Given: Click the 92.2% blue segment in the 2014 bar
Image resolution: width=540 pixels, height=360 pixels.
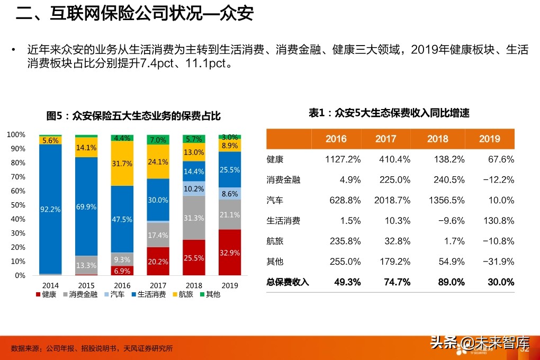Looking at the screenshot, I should [x=50, y=209].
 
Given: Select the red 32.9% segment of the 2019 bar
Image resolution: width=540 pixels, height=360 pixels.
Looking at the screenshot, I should [x=230, y=253].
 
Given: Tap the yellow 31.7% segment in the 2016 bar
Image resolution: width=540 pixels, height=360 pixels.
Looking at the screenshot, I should [x=122, y=164].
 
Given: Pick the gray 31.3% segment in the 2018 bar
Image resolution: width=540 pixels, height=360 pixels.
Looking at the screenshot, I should [x=193, y=218].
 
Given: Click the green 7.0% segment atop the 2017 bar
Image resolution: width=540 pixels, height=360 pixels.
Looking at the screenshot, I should [x=158, y=140].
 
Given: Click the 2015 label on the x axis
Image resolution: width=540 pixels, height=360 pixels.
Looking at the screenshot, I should [x=86, y=285].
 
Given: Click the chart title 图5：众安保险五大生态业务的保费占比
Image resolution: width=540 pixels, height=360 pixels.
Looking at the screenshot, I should [x=133, y=116].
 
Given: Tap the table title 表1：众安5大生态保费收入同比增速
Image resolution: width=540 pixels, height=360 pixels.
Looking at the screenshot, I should [x=389, y=113].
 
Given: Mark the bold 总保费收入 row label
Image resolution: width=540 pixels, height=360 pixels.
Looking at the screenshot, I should [x=287, y=282].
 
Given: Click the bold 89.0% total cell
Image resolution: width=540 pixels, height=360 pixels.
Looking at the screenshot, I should [x=451, y=282].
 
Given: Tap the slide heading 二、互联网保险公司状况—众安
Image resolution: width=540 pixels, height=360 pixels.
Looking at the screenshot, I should [x=134, y=14].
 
